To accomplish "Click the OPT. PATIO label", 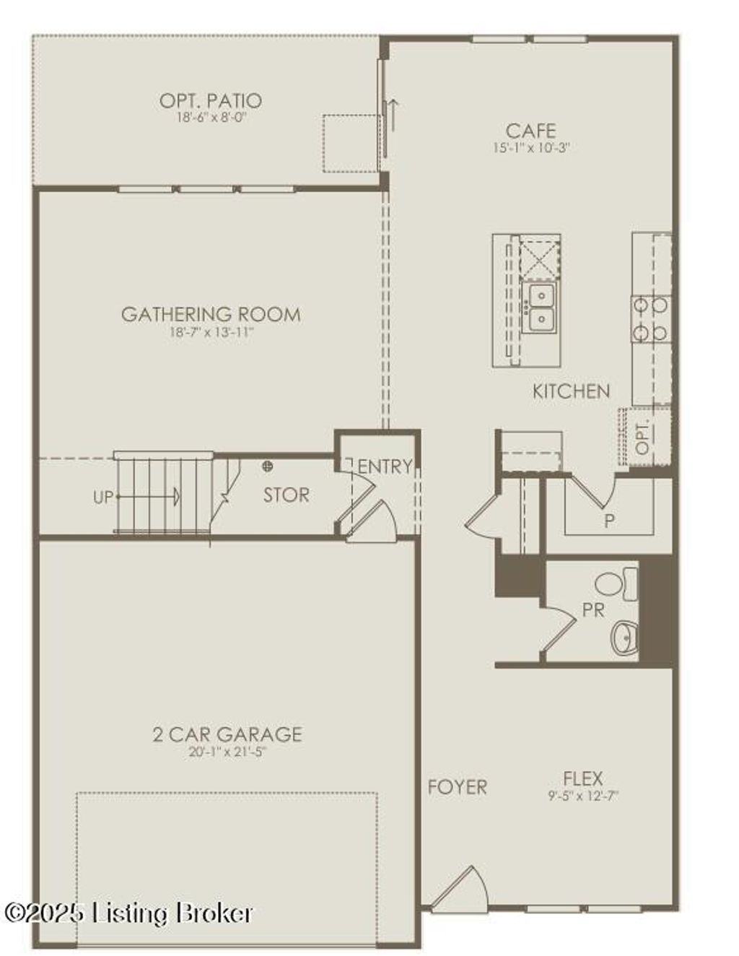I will click(x=210, y=100).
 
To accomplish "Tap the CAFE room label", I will click(x=530, y=131).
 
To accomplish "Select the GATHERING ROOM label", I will click(x=210, y=314).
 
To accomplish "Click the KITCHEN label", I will click(x=571, y=391).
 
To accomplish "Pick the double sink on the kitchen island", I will click(x=540, y=307).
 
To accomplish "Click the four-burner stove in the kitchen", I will click(x=650, y=318).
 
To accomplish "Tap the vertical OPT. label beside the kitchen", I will click(x=643, y=437).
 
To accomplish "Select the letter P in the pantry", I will click(x=609, y=520).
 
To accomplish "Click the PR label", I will click(x=592, y=611).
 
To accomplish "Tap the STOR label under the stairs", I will click(x=286, y=495).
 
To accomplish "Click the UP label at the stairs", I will click(x=103, y=497).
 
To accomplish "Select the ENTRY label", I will click(x=385, y=466).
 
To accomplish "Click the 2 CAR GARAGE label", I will click(x=227, y=734).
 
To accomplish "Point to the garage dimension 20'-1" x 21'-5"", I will click(x=227, y=752).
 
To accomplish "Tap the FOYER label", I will click(x=457, y=786).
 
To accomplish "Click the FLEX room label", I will click(x=582, y=778).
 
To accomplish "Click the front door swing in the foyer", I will click(x=462, y=888).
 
